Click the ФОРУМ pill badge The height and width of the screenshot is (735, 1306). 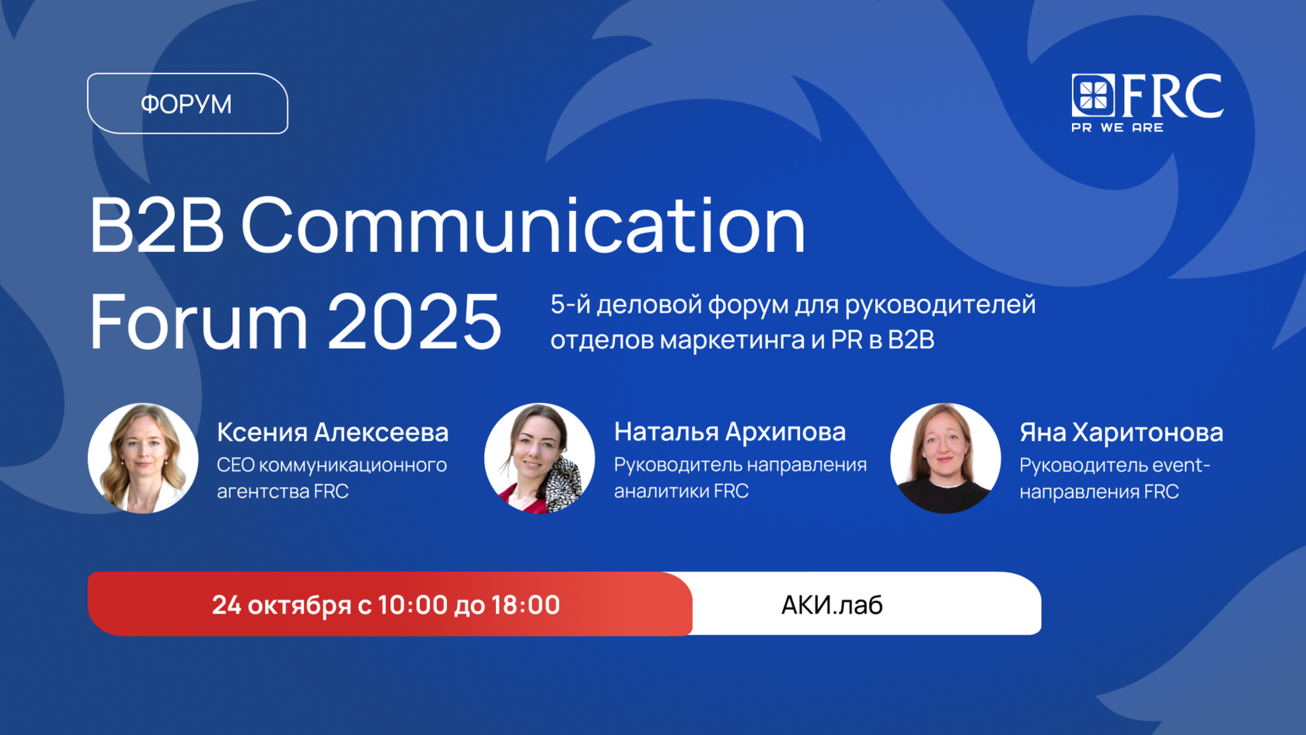click(187, 103)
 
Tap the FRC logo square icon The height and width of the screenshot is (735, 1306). click(1093, 95)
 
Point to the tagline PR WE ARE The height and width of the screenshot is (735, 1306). click(1117, 128)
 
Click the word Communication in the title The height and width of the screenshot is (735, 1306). click(523, 226)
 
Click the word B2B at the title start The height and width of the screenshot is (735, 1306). click(156, 226)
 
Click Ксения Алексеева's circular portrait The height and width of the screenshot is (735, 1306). click(143, 458)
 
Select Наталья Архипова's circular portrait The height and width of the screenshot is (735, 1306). click(540, 458)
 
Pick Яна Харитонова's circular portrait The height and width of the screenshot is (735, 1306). click(945, 458)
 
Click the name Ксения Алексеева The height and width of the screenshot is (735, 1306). click(333, 432)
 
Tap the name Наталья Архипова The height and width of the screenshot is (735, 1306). click(729, 432)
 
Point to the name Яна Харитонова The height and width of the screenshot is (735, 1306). click(1121, 432)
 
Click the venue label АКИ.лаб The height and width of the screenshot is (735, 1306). click(832, 605)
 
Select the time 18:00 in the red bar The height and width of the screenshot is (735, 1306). click(526, 605)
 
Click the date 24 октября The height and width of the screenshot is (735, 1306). click(281, 605)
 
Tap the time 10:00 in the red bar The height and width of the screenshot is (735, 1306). click(413, 605)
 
